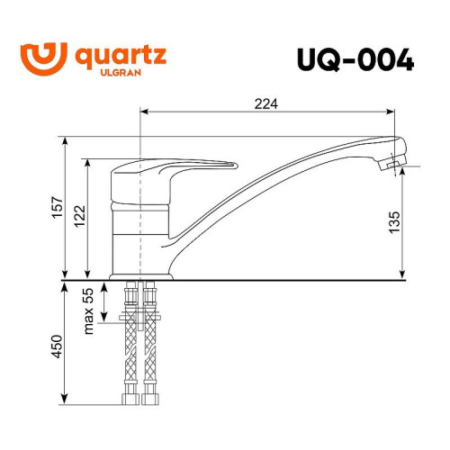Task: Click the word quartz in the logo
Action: (121, 57)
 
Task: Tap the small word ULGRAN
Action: (121, 73)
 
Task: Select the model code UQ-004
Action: (355, 59)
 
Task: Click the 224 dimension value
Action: (266, 104)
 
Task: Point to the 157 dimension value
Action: (58, 207)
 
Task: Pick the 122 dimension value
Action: (80, 216)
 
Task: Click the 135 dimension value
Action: (394, 222)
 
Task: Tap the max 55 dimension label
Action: (89, 311)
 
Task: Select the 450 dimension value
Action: (57, 346)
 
